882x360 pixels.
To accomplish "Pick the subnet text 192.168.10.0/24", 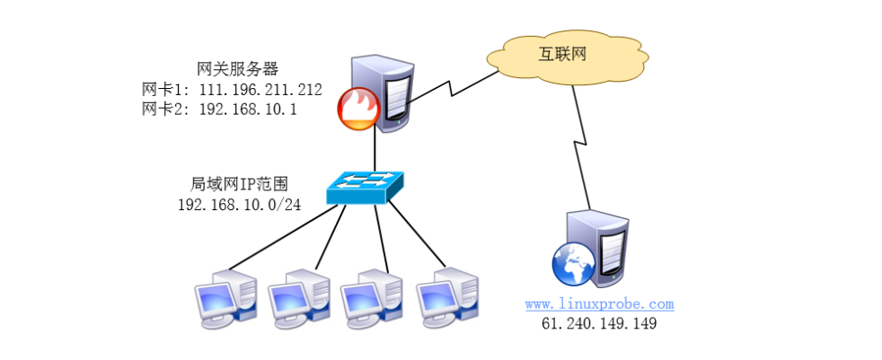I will coord(240,204).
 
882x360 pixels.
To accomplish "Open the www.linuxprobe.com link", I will coord(599,304).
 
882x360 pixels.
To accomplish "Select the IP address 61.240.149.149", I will coord(599,324).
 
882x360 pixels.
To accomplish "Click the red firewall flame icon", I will coord(357,110).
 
